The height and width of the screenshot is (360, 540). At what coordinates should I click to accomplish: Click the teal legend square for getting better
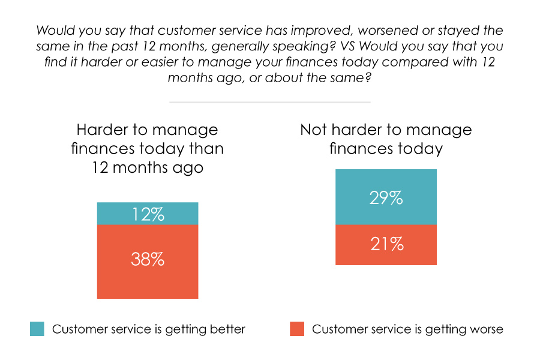(37, 329)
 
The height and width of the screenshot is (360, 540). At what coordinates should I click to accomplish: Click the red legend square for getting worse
(297, 329)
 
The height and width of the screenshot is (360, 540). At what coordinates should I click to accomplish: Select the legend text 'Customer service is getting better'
(149, 329)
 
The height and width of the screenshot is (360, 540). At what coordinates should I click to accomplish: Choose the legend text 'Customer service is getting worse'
(407, 329)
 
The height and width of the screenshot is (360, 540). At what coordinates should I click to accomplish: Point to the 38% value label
(147, 260)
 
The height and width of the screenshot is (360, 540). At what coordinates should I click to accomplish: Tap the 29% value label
(386, 197)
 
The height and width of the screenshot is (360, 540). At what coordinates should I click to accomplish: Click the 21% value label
(386, 244)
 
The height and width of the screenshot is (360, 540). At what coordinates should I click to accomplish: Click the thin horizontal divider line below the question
(269, 102)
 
